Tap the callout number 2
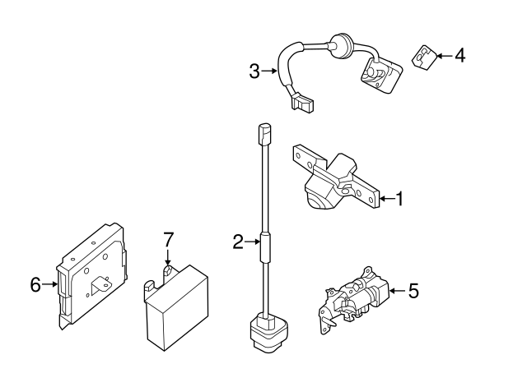point(237,242)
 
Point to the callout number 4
point(459,56)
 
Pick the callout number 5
point(413,290)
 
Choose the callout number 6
point(35,285)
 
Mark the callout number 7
point(168,240)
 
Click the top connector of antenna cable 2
point(264,131)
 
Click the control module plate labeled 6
point(91,275)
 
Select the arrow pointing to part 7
point(168,257)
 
